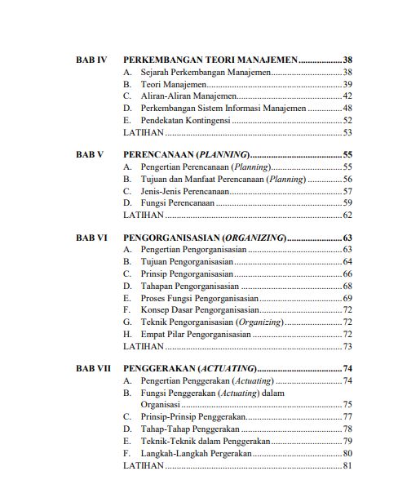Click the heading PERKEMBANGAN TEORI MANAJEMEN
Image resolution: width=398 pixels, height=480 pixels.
(210, 60)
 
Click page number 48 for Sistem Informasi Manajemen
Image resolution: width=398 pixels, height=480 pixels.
(347, 108)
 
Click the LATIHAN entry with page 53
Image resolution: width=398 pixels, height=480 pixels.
(143, 131)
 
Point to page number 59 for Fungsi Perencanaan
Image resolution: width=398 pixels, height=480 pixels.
(347, 202)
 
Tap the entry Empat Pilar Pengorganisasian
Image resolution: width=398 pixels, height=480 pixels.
(194, 334)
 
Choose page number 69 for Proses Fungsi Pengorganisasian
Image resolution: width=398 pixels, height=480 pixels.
(347, 298)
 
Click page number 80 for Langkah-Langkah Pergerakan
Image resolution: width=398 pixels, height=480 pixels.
(347, 453)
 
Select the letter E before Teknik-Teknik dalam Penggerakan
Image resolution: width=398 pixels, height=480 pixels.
(127, 441)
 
